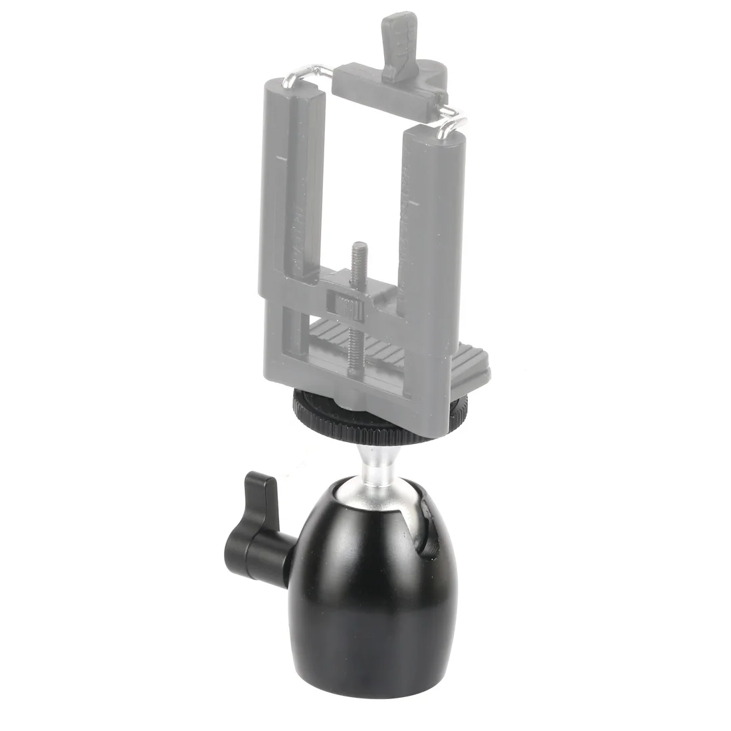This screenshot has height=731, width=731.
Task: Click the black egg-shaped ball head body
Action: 359,585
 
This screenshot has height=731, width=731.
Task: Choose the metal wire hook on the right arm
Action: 452,120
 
